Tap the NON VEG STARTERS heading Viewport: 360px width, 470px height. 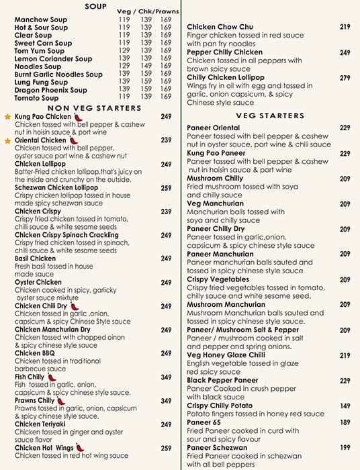pyautogui.click(x=94, y=108)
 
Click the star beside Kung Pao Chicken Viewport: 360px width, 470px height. pyautogui.click(x=8, y=117)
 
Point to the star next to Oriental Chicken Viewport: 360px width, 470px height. pyautogui.click(x=8, y=140)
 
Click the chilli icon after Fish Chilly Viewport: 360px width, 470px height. pyautogui.click(x=50, y=377)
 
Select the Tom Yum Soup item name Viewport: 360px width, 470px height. pyautogui.click(x=38, y=51)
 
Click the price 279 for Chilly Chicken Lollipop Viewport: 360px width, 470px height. pyautogui.click(x=345, y=78)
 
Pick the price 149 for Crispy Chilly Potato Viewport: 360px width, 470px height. pyautogui.click(x=345, y=406)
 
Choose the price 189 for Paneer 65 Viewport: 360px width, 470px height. pyautogui.click(x=345, y=422)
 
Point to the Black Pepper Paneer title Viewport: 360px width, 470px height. pyautogui.click(x=222, y=381)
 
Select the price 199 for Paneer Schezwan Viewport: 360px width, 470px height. pyautogui.click(x=345, y=448)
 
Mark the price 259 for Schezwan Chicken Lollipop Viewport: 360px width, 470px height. pyautogui.click(x=167, y=187)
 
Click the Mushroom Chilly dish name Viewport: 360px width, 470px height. pyautogui.click(x=215, y=179)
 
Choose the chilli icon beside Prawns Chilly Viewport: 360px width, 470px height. pyautogui.click(x=61, y=401)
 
